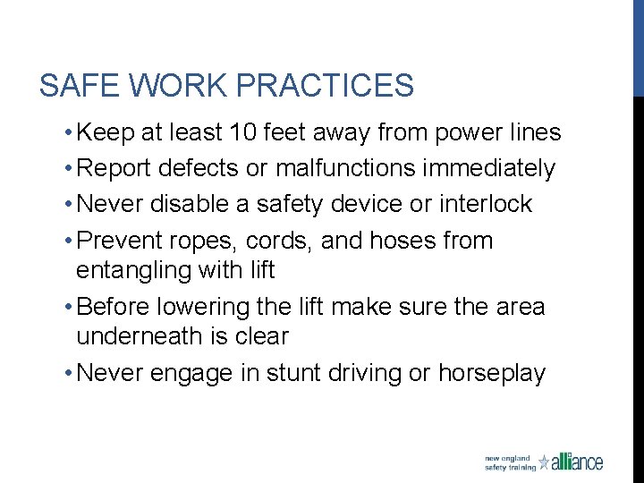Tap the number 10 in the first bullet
tap(240, 133)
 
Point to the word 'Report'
tap(114, 168)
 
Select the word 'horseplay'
tap(492, 373)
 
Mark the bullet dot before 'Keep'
tap(68, 134)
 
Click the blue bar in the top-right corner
tap(638, 45)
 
